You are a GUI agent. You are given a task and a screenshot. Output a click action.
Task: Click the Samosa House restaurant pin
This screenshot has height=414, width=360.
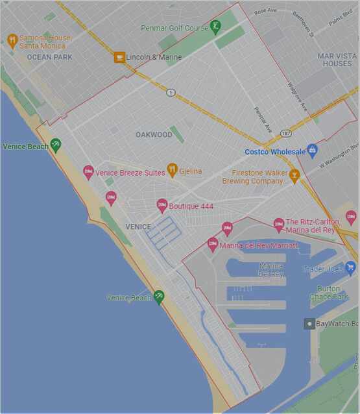[12, 41]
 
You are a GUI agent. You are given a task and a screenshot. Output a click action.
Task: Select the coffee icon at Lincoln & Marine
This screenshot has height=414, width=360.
[119, 57]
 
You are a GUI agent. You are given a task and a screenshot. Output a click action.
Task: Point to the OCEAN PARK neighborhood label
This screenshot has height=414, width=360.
[50, 57]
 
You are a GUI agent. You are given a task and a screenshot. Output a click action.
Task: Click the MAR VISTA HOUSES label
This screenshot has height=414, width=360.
[337, 60]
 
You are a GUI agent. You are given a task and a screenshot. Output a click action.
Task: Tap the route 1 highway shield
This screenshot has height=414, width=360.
[171, 92]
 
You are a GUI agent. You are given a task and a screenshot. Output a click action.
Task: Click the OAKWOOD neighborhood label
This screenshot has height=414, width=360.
[154, 135]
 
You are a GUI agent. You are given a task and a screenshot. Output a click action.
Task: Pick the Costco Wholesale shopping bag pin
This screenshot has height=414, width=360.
[312, 151]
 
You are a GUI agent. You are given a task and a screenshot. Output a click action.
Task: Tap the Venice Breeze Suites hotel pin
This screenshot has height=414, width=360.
[89, 172]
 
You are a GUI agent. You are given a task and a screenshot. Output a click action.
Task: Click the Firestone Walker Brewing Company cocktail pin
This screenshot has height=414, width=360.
[294, 175]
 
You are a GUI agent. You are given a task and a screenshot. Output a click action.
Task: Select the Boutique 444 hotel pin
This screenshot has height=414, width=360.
[162, 206]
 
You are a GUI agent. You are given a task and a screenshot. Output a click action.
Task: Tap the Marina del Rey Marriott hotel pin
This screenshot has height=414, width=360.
[212, 245]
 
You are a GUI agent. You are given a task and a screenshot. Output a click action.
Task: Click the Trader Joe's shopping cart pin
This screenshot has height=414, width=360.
[350, 267]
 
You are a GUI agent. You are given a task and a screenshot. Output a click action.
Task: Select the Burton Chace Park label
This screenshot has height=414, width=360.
[333, 293]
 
